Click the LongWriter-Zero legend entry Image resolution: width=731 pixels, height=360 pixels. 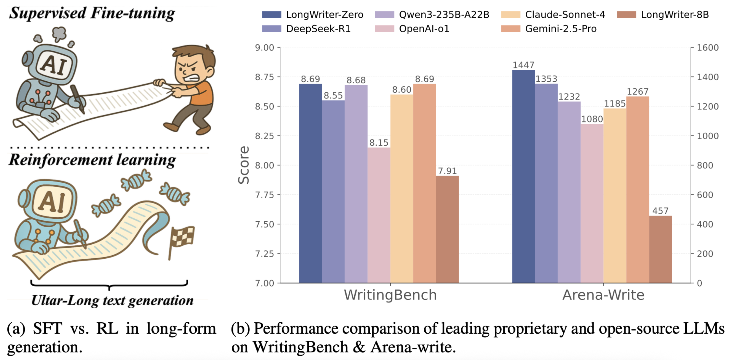pyautogui.click(x=312, y=14)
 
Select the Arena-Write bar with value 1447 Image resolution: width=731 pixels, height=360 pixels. pyautogui.click(x=523, y=176)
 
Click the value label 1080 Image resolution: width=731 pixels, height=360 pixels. pyautogui.click(x=592, y=119)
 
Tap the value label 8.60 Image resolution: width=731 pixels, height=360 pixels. pyautogui.click(x=401, y=90)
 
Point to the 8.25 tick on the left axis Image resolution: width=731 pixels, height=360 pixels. pyautogui.click(x=264, y=136)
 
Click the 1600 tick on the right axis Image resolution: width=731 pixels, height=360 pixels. pyautogui.click(x=708, y=47)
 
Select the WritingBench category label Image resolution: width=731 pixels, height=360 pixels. pyautogui.click(x=390, y=295)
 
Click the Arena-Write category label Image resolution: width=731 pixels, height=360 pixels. pyautogui.click(x=603, y=295)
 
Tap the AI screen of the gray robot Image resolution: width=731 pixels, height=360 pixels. pyautogui.click(x=54, y=65)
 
